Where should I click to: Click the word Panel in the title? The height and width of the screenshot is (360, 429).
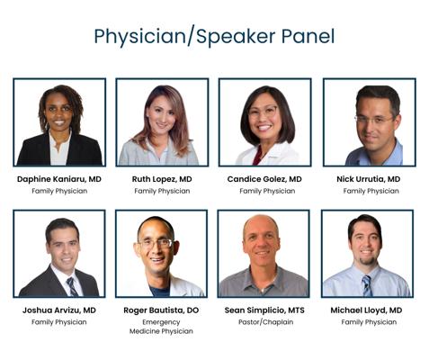pos(308,37)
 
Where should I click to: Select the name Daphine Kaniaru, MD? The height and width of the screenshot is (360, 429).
pos(59,179)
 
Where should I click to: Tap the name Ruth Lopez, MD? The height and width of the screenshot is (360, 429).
pos(162,179)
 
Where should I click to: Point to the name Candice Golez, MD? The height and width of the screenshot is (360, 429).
pos(264,179)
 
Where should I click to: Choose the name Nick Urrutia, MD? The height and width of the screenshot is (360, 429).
pos(369,179)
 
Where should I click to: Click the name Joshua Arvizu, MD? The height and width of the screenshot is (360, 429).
pos(59,310)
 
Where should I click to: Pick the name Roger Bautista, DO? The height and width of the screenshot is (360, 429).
pos(161,310)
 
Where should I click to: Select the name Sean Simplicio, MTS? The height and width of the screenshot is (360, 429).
pos(264,310)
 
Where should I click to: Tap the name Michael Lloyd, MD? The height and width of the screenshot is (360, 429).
pos(366,310)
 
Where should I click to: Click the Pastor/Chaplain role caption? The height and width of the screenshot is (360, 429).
pos(265,322)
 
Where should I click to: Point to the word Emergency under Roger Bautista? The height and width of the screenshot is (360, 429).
pos(161,322)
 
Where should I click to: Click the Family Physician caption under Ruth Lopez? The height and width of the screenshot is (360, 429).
pos(162,191)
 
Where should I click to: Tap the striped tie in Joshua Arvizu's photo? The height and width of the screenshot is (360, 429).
pos(72,286)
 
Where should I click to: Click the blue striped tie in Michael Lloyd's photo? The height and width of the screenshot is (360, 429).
pos(367,285)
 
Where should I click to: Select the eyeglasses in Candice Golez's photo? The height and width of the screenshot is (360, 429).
pos(263,112)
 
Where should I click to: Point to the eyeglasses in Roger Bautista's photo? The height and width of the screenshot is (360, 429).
pos(156,243)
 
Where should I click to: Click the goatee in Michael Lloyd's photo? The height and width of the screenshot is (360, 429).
pos(367,260)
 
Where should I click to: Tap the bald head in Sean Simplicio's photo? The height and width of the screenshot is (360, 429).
pos(261,224)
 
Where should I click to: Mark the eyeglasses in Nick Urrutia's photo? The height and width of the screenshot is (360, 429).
pos(373,120)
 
